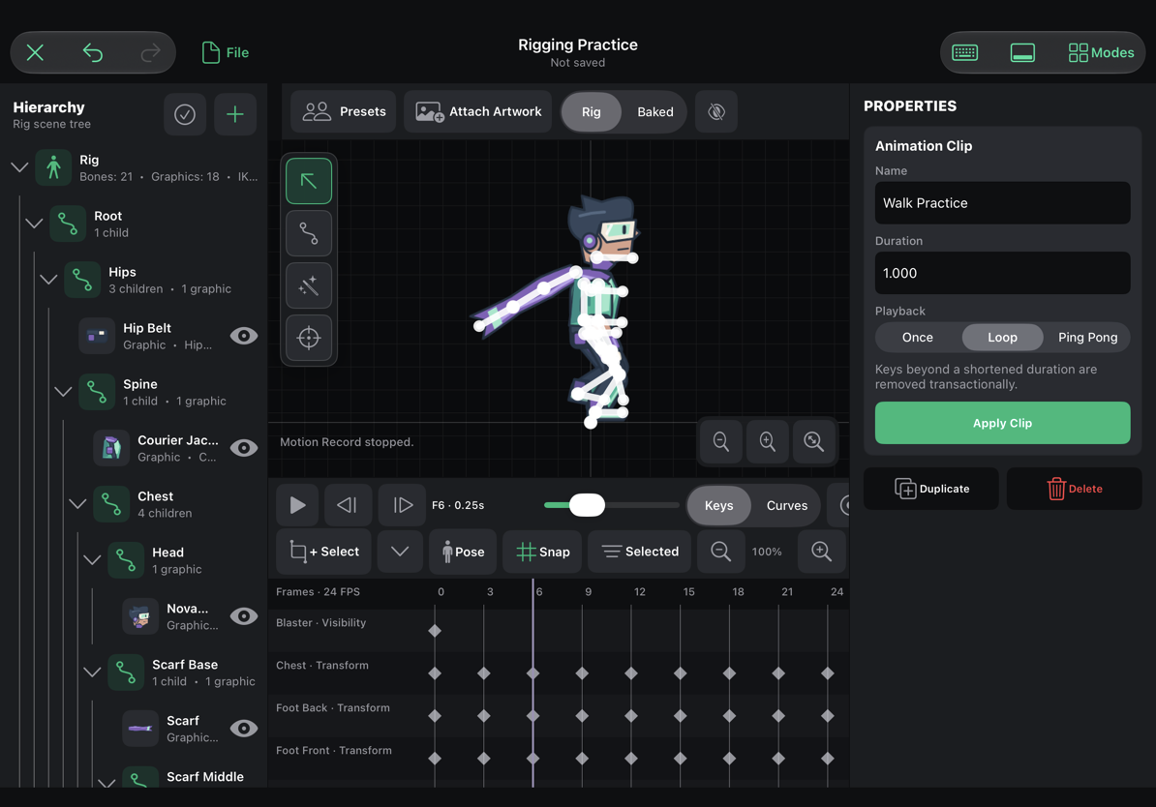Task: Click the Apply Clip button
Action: (x=1002, y=423)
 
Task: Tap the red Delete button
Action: (x=1074, y=489)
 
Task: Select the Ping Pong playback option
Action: (x=1087, y=338)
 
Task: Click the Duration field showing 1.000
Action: (x=1002, y=274)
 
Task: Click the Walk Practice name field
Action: (x=1002, y=202)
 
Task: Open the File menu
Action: (x=226, y=52)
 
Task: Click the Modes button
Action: (x=1101, y=52)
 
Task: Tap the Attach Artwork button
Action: (x=478, y=111)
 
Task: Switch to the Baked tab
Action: (x=654, y=112)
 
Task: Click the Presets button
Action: (x=344, y=111)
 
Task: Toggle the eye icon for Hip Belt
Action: (x=243, y=336)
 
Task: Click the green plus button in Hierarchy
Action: (x=235, y=114)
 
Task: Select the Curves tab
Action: (x=786, y=505)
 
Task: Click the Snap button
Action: (x=543, y=552)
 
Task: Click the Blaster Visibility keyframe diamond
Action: (x=435, y=630)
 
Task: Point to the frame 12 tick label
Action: (x=639, y=592)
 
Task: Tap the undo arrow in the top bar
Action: (x=93, y=52)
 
